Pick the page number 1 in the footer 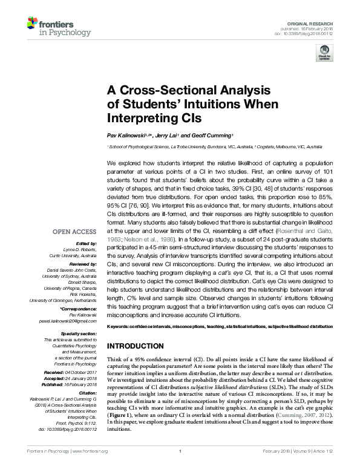180,468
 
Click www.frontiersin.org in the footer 89,468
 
